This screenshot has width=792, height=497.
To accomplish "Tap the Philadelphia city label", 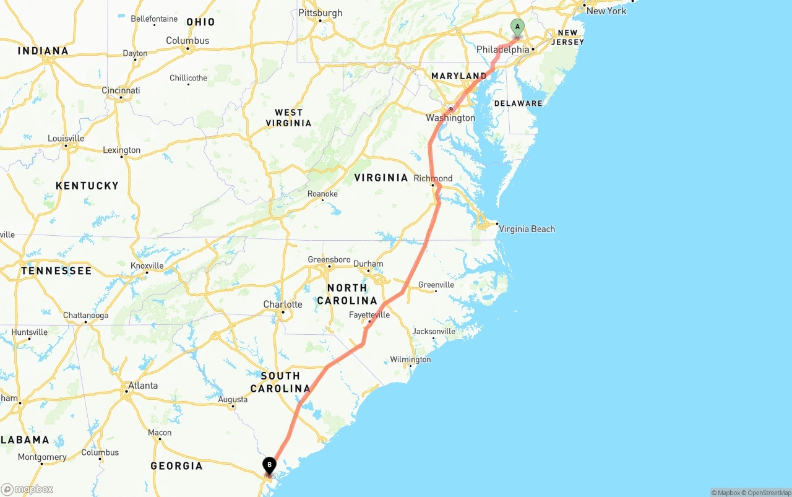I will pos(503,50).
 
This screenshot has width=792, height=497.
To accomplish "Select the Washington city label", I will pos(450,118).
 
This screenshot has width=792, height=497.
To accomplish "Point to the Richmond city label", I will pos(433,178).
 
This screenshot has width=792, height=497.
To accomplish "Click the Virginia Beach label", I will pos(527,229).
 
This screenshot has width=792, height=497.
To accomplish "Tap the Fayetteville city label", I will pos(369,315).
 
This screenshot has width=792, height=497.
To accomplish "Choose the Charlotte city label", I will pos(283,305).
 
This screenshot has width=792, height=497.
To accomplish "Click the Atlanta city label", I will pos(142,386).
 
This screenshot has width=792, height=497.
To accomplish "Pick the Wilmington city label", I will pos(410,360).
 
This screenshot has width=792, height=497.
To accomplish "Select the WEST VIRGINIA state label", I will pos(288,118).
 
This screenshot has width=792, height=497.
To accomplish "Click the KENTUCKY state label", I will pos(87,186).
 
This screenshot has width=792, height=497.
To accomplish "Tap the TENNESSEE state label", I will pos(56,270).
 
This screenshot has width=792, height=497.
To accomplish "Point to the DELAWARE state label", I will pos(518,103).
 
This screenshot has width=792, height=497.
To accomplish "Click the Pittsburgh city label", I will pos(320,13).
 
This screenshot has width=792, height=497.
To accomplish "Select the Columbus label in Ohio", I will pos(187,41).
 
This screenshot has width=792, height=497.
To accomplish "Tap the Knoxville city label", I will pos(147,266).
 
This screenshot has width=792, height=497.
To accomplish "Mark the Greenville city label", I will pos(436,285).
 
